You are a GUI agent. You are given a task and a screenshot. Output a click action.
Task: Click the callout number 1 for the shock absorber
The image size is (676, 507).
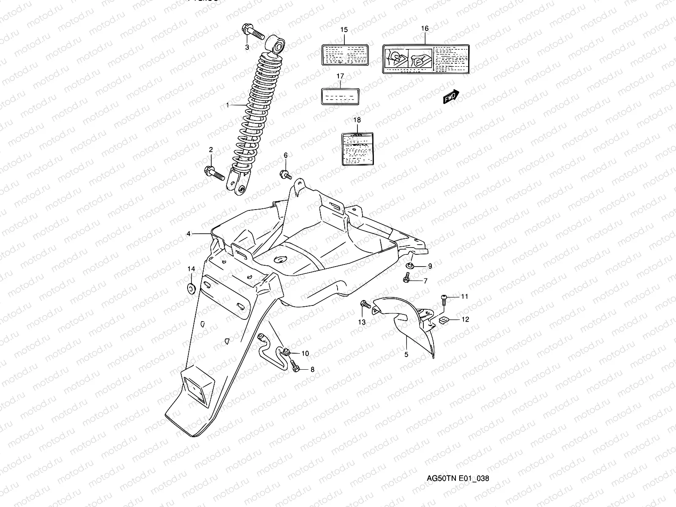tap(227, 104)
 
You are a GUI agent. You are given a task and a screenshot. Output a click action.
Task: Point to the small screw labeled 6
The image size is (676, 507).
tap(285, 173)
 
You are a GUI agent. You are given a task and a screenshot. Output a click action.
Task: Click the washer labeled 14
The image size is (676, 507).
tap(191, 289)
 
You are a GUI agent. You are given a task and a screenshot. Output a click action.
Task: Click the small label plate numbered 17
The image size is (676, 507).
tap(341, 96)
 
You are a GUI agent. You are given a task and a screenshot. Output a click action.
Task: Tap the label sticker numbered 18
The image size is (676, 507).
tap(357, 148)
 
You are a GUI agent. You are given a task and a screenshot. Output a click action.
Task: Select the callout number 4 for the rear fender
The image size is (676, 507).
tap(189, 233)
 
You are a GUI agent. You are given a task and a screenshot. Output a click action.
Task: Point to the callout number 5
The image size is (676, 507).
tap(406, 354)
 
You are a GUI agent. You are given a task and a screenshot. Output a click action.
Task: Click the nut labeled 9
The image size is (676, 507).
tap(410, 266)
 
